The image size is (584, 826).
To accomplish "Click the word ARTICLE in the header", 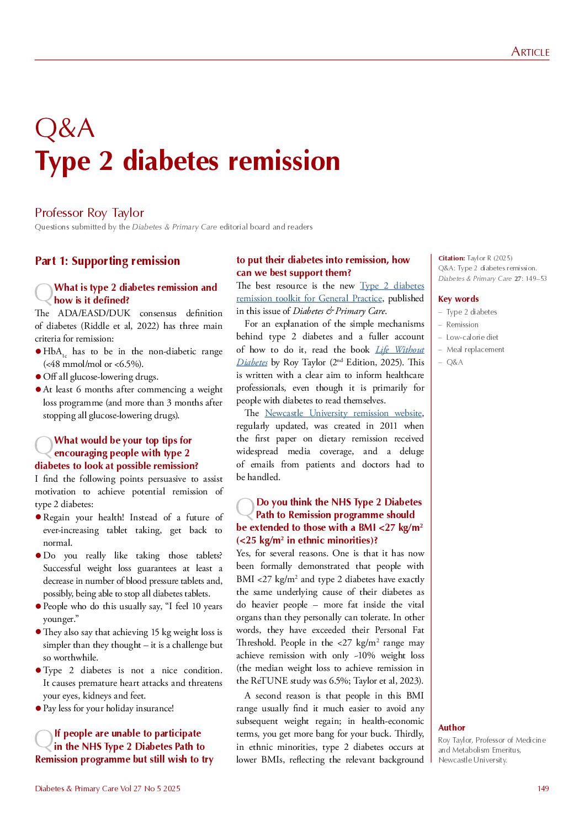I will click(530, 52).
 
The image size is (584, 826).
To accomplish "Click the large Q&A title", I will click(65, 129).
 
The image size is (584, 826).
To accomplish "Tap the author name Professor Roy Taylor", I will click(89, 212).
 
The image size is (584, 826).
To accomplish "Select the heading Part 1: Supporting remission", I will click(107, 261).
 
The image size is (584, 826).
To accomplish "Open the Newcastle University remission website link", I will click(343, 413).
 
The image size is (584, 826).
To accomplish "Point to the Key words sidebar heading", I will click(458, 299).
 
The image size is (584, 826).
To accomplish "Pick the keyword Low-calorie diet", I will click(472, 337).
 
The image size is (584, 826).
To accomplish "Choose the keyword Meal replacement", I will click(475, 349).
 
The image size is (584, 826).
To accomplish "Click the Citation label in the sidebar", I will click(452, 258).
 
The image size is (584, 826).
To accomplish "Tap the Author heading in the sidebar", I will click(452, 728).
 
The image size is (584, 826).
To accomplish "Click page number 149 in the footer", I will click(543, 788).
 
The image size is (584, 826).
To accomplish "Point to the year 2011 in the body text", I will click(388, 425).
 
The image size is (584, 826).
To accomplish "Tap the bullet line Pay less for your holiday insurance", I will click(108, 708).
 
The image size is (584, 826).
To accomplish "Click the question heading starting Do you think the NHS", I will click(339, 502).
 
